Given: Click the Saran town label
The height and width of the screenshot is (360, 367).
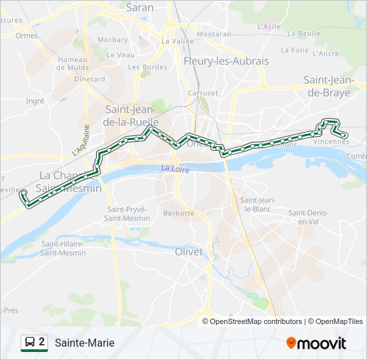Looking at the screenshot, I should pos(140,8).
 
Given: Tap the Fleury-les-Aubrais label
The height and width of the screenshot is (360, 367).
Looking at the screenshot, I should pos(226,61).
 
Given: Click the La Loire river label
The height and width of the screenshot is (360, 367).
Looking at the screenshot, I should pos(175,169).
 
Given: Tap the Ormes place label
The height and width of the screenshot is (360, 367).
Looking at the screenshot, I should pos(27,36).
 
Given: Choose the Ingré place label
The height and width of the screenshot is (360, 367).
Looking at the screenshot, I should pos(34,101).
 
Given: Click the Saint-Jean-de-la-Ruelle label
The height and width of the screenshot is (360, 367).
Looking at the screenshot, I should pos(131,115).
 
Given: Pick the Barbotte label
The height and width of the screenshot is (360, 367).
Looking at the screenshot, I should pos(179,213).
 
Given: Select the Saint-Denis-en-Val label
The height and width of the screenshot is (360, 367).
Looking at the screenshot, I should pos(307,217).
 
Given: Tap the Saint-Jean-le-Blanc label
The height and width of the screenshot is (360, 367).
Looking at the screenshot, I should pos(258,204).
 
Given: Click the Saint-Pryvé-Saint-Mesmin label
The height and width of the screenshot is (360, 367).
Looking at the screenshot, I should pos(127,213).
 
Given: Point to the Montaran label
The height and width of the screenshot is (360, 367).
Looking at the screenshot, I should pos(214,33).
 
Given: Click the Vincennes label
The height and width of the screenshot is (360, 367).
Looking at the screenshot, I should pos(330,141).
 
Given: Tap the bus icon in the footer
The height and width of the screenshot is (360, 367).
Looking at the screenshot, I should pos(29,343).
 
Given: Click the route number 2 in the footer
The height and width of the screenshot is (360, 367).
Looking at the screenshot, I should pos(42,342).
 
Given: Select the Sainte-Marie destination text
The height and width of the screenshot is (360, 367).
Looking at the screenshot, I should pos(84,343).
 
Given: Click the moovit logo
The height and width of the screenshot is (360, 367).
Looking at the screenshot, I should pos(316,343).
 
